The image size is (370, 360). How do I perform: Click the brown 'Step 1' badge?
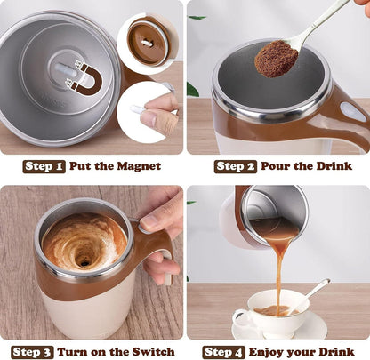44,166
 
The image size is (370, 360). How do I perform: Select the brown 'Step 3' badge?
33,351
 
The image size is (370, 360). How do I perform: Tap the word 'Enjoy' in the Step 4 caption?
275,351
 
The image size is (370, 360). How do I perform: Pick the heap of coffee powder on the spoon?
277,59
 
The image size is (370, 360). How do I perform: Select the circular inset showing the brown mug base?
148,41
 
